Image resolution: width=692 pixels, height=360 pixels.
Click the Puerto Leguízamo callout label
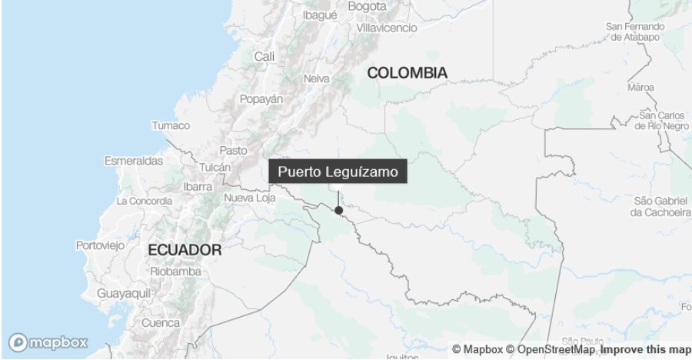coord(338,172)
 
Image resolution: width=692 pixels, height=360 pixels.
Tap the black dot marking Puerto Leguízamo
coord(338,210)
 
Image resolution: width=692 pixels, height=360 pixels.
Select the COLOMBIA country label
coord(407,73)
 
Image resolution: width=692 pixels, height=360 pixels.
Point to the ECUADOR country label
coord(185,250)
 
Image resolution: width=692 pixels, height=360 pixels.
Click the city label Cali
coord(264,56)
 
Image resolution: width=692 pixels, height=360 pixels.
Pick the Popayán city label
coord(261,99)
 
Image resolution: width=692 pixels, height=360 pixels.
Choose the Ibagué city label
coord(321,15)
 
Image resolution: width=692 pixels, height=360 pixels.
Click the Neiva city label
coord(317,78)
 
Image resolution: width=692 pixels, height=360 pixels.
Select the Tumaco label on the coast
coord(171,125)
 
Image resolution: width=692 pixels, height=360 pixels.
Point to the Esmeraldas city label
coord(134,161)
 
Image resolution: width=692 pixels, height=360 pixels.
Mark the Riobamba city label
coord(177,272)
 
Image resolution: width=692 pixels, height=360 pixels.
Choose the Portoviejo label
coord(100,245)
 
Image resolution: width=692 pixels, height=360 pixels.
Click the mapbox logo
coord(48,342)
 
